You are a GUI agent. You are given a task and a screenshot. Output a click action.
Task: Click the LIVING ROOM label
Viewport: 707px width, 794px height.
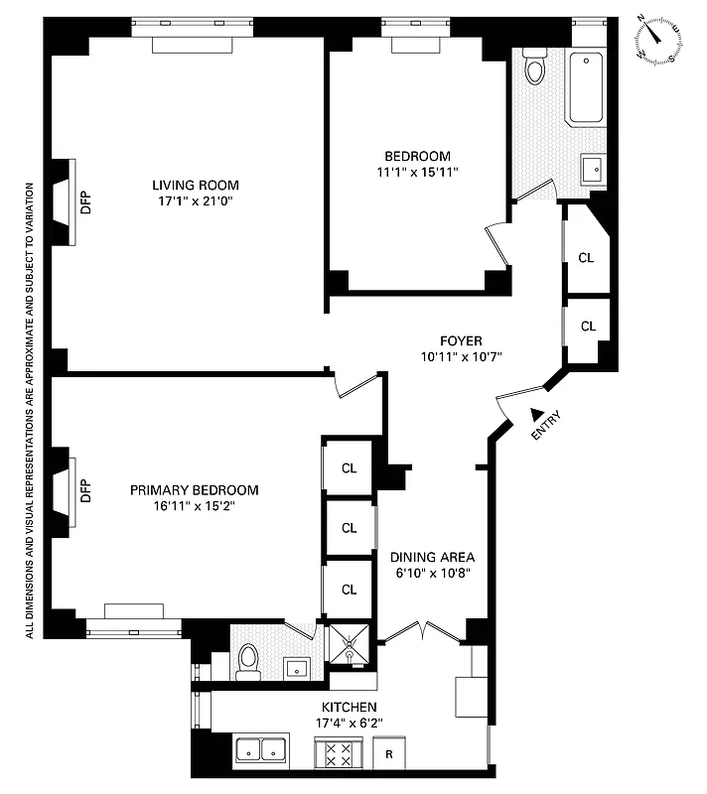pos(195,185)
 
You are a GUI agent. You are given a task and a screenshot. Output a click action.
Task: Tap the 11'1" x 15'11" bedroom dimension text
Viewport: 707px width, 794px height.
pos(417,172)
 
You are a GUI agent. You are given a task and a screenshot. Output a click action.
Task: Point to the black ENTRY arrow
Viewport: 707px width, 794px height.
pos(536,414)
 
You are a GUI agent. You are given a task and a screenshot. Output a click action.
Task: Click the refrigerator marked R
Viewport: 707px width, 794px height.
pos(389,753)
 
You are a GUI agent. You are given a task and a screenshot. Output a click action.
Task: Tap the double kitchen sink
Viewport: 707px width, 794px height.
pos(261,750)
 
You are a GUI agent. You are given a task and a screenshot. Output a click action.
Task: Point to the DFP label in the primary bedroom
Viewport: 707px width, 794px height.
pos(85,490)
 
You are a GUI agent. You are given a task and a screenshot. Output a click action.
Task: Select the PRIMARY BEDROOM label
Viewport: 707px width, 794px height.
pos(195,490)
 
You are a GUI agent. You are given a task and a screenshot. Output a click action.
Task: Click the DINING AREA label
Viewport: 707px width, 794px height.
pos(432,557)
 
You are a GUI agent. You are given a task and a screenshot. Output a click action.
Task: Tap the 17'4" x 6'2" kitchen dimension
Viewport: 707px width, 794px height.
pos(348,722)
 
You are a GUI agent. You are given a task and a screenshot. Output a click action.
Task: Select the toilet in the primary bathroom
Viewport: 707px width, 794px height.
pos(249,660)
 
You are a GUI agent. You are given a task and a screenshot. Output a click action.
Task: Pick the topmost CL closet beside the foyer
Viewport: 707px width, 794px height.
pos(586,257)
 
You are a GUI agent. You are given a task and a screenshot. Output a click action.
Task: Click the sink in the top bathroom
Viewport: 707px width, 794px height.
pos(593,170)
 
